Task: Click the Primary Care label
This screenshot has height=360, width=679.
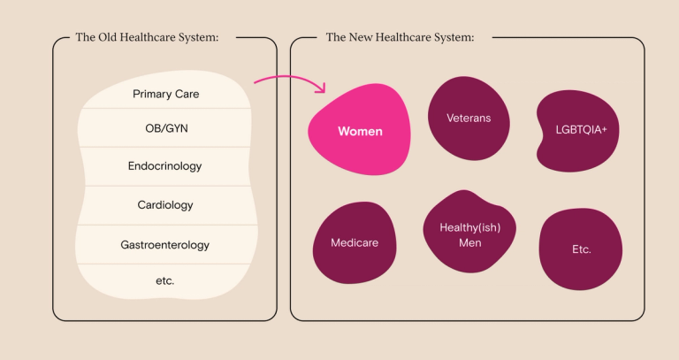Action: coord(165,94)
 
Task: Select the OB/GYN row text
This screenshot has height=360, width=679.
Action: coord(165,128)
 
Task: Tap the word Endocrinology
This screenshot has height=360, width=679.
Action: coord(164,166)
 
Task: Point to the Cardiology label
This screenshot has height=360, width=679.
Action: coord(165,205)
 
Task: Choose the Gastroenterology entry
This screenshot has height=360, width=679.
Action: coord(164,244)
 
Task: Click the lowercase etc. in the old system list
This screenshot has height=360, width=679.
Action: coord(164,280)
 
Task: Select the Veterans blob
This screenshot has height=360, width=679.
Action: coord(468,118)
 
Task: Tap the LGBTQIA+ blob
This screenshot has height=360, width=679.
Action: coord(576,130)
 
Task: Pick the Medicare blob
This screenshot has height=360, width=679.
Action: coord(354,242)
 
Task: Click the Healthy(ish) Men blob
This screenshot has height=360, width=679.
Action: coord(469,234)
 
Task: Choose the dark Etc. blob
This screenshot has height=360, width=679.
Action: coord(581,249)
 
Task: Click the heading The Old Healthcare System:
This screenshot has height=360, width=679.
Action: coord(147,37)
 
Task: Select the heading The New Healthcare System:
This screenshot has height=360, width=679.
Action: coord(400,37)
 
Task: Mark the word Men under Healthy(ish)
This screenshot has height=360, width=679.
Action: coord(470,242)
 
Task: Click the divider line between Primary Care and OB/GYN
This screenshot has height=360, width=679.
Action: coord(165,109)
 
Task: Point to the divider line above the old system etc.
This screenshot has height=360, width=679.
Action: coord(165,264)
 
